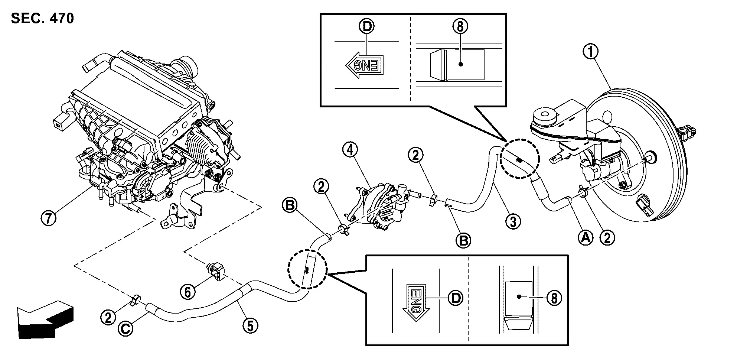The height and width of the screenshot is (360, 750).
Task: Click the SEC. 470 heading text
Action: coord(42,18)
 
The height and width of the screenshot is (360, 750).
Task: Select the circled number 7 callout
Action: coord(48,217)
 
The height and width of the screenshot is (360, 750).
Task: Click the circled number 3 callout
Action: coord(513,222)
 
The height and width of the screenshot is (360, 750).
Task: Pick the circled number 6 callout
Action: coord(188,292)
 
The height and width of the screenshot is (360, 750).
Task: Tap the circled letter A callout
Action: coord(586,237)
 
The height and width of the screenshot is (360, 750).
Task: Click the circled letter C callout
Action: coord(126,328)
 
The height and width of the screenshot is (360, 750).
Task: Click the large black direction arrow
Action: coord(45,319)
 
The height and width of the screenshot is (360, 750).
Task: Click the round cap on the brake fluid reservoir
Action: coord(544,116)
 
